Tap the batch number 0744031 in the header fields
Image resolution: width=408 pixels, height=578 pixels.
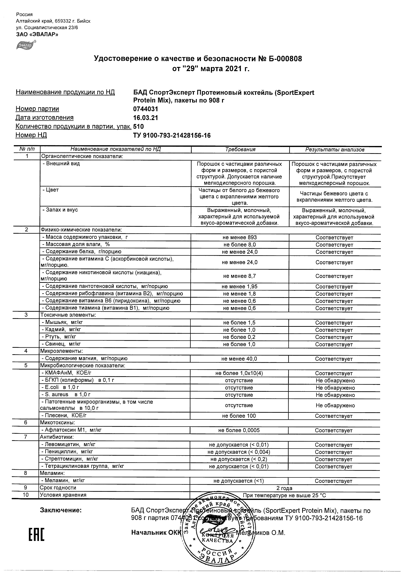tap(146, 109)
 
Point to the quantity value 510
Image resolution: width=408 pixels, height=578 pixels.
tap(139, 126)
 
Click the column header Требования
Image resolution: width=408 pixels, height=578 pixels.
tap(240, 149)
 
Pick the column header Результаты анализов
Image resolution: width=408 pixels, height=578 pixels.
tap(335, 150)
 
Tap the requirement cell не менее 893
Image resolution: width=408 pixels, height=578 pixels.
tap(240, 237)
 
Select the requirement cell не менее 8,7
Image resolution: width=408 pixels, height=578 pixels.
tap(240, 276)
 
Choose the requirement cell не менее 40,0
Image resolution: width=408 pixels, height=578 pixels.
tap(239, 359)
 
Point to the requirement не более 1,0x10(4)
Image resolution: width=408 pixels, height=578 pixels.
tap(239, 373)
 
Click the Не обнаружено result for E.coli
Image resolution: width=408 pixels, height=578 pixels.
tap(335, 388)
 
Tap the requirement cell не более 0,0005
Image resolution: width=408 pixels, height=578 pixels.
tap(239, 431)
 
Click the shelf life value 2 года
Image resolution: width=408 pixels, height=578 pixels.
tap(284, 488)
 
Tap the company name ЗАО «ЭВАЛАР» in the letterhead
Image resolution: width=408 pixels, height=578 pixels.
tap(37, 35)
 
